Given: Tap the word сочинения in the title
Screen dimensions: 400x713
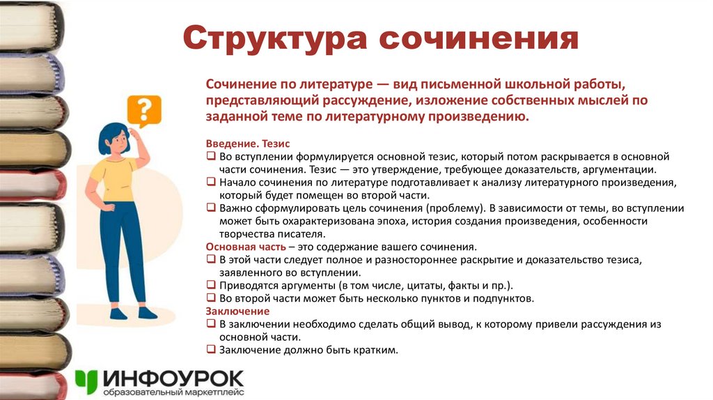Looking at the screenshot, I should point(479,39).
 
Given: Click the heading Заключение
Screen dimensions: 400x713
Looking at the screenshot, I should point(237,311).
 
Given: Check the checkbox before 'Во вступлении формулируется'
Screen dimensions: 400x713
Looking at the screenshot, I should point(211,157).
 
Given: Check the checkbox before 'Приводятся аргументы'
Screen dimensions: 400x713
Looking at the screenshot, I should point(211,286).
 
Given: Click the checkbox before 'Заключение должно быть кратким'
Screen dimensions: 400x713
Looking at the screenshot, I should point(211,351).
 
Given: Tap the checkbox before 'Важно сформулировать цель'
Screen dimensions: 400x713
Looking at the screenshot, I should point(211,208).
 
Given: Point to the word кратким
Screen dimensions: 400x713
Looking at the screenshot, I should point(375,351).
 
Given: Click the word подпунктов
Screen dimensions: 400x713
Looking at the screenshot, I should point(503,299).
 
